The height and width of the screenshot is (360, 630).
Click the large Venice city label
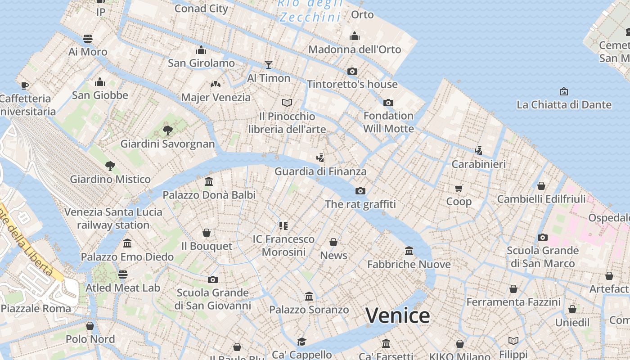pyautogui.click(x=397, y=315)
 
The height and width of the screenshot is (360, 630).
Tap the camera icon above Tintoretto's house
pyautogui.click(x=352, y=71)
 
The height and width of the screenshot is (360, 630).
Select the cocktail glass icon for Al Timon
pyautogui.click(x=269, y=65)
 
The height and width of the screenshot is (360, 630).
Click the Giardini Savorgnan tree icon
pyautogui.click(x=167, y=130)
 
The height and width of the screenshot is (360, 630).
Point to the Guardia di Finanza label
pyautogui.click(x=320, y=171)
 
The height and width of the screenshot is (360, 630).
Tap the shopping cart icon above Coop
pyautogui.click(x=459, y=188)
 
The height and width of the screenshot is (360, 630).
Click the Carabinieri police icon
pyautogui.click(x=478, y=151)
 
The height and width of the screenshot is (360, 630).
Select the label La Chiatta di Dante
pyautogui.click(x=564, y=105)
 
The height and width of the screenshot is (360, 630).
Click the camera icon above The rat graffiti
pyautogui.click(x=360, y=191)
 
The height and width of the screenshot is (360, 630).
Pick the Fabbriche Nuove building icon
pyautogui.click(x=409, y=251)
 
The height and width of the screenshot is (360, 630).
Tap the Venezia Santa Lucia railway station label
pyautogui.click(x=113, y=218)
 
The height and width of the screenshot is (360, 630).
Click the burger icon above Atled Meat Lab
pyautogui.click(x=123, y=274)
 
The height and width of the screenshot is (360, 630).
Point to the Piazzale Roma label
pyautogui.click(x=36, y=309)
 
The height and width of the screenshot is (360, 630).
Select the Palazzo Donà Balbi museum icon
pyautogui.click(x=209, y=182)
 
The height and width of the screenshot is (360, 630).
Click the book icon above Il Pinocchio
pyautogui.click(x=287, y=103)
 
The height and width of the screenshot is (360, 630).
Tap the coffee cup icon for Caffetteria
pyautogui.click(x=25, y=85)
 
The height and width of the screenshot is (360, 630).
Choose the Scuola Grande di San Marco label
pyautogui.click(x=543, y=257)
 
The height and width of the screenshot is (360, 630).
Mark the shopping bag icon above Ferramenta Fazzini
pyautogui.click(x=513, y=289)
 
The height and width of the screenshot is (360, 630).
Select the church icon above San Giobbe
pyautogui.click(x=100, y=82)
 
